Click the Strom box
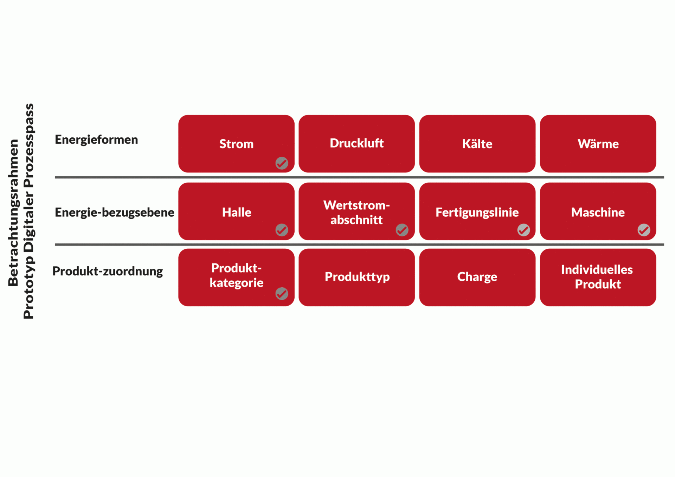236,144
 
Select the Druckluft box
356,144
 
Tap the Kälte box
477,144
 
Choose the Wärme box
598,144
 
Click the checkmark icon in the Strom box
282,163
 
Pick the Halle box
236,211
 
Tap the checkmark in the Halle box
282,230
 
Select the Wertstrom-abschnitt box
356,211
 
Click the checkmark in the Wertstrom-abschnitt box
402,230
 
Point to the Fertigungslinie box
477,211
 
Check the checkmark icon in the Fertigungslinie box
523,230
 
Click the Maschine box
598,211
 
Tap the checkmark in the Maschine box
644,230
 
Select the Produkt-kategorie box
236,277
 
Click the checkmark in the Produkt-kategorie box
282,294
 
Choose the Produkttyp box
356,277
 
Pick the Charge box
477,277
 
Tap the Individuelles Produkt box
598,277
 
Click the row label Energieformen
96,140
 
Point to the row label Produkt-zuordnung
108,272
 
